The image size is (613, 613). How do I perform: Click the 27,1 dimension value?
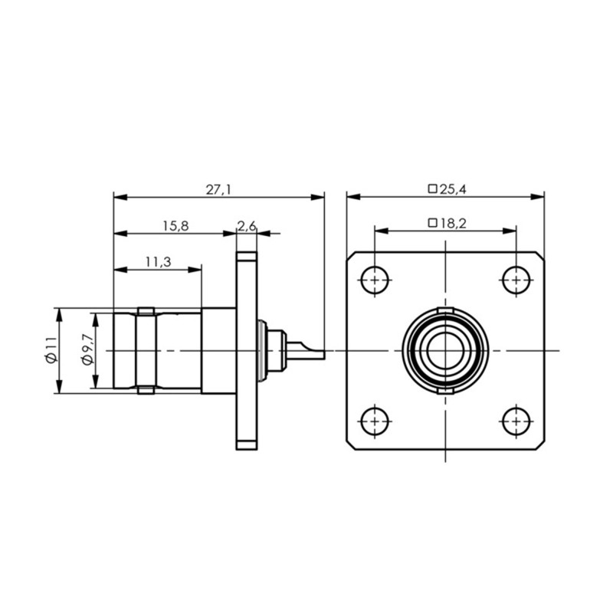pos(218,189)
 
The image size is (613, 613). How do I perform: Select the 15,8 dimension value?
pos(175,226)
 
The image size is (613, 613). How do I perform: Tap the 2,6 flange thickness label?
pos(247,226)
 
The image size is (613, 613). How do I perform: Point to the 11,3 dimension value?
pos(159,262)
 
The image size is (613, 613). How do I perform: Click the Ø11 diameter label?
pos(51,350)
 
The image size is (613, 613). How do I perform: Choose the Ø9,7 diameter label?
pos(88,350)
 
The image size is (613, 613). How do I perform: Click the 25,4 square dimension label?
pos(447,189)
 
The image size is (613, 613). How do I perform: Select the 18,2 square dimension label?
pos(447,224)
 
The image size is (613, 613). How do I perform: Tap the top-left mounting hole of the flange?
pos(375,280)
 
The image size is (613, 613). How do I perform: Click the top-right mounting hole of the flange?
pos(516,280)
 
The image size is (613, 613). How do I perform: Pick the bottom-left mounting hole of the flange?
pos(375,421)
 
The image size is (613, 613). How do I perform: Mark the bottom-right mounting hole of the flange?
pos(516,421)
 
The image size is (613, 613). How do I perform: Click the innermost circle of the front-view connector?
pos(445,351)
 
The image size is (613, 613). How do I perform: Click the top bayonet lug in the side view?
pos(146,311)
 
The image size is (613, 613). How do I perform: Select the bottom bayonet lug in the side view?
pos(146,390)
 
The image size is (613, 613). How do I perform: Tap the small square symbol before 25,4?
pos(432,189)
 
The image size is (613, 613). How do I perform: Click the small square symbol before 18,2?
pos(432,223)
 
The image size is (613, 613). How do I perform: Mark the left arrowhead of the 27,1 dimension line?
pos(120,197)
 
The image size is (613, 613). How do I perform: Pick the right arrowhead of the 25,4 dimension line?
pos(538,197)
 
